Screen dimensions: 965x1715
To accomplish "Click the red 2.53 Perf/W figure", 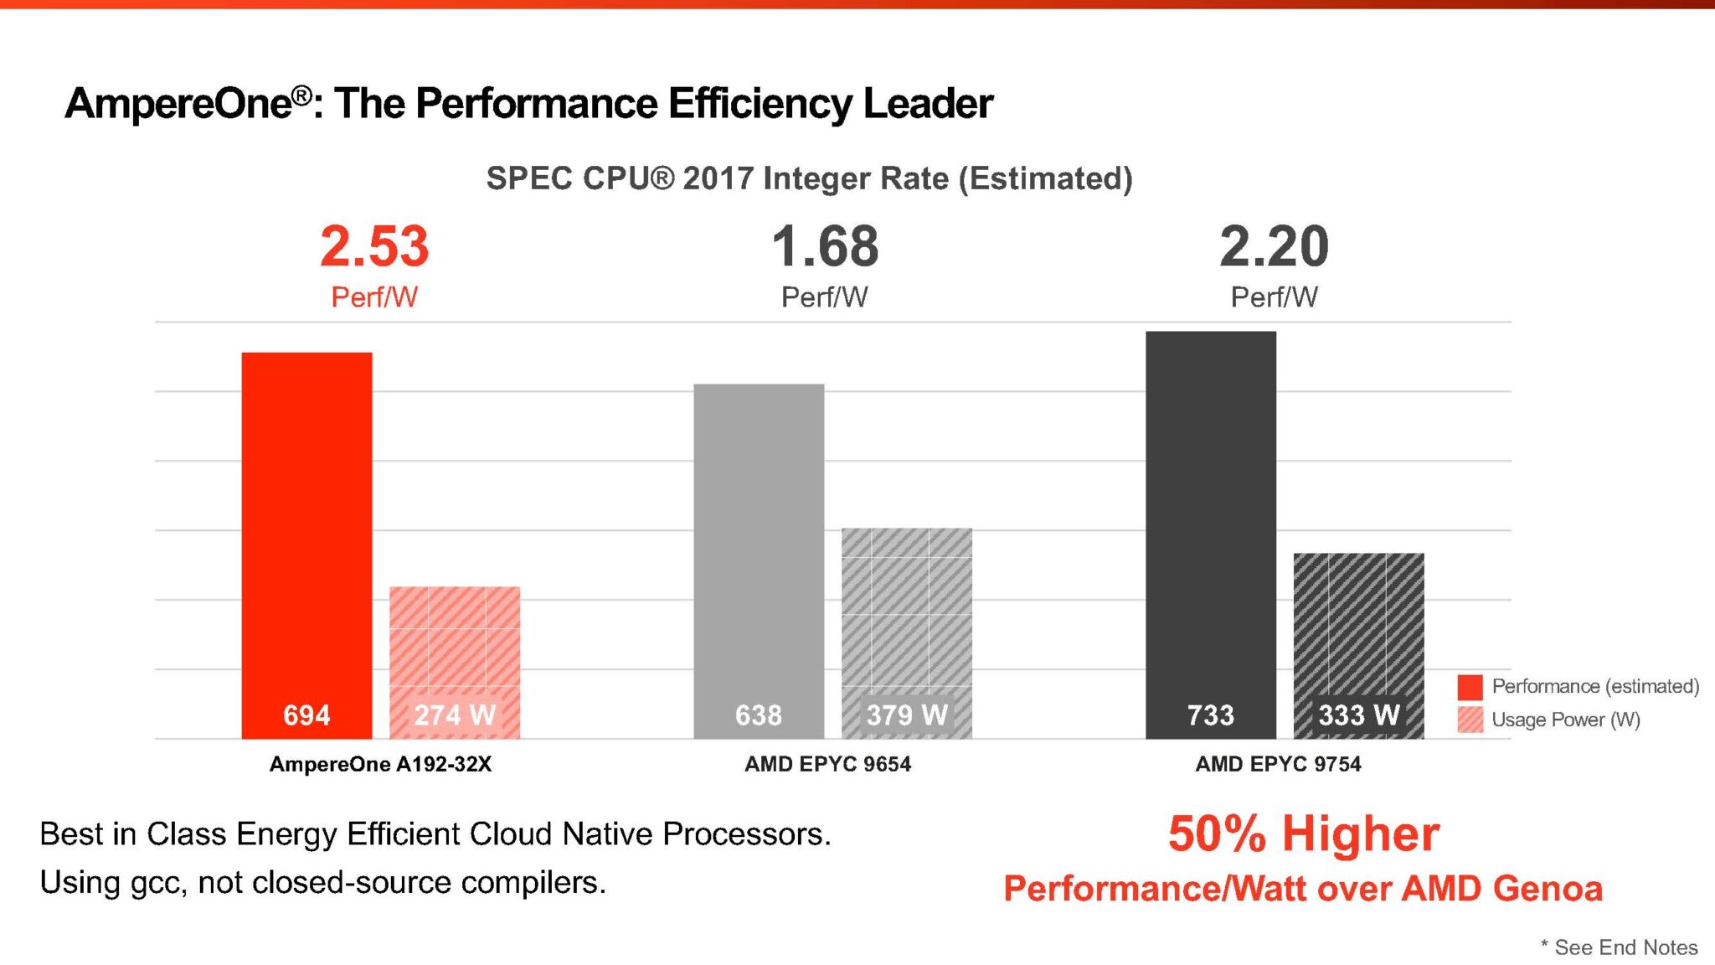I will pyautogui.click(x=374, y=247).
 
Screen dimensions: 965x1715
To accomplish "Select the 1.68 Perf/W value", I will pyautogui.click(x=825, y=247).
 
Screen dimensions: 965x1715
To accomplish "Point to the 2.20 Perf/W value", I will pyautogui.click(x=1274, y=247).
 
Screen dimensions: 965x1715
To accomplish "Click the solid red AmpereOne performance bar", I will pyautogui.click(x=306, y=519).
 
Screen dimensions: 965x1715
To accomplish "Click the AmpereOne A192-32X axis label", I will pyautogui.click(x=380, y=764).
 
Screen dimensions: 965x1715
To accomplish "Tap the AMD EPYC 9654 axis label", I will pyautogui.click(x=827, y=764).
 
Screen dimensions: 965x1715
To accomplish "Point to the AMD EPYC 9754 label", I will pyautogui.click(x=1278, y=764).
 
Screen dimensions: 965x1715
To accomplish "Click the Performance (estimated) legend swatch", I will pyautogui.click(x=1470, y=687).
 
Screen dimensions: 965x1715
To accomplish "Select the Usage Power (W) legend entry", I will pyautogui.click(x=1564, y=720).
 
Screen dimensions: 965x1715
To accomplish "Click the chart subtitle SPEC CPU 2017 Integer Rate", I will pyautogui.click(x=809, y=178).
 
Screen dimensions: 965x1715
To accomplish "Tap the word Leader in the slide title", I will pyautogui.click(x=928, y=104).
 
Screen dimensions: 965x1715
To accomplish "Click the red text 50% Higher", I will pyautogui.click(x=1303, y=834).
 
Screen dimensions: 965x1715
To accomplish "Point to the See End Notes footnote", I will pyautogui.click(x=1625, y=947).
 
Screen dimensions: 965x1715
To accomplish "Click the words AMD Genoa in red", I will pyautogui.click(x=1501, y=889).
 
